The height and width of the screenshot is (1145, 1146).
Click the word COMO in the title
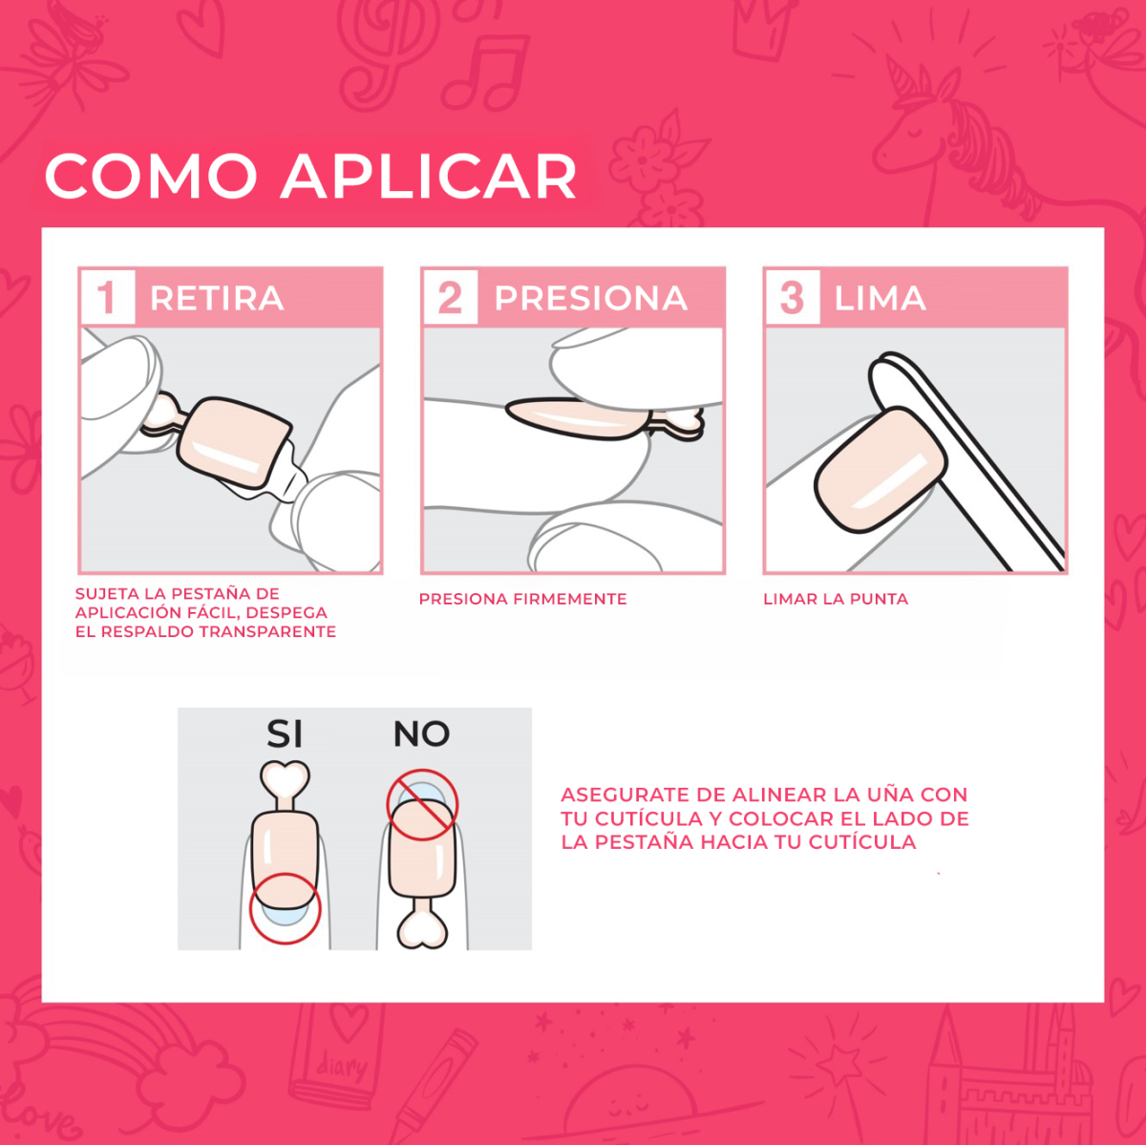pyautogui.click(x=151, y=177)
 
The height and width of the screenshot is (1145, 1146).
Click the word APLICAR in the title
pyautogui.click(x=429, y=177)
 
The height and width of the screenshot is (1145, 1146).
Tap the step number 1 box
pyautogui.click(x=106, y=297)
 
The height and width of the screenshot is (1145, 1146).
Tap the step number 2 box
pyautogui.click(x=449, y=297)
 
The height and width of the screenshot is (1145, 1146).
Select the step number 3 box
pyautogui.click(x=791, y=297)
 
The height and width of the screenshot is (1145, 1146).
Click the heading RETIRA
pyautogui.click(x=217, y=299)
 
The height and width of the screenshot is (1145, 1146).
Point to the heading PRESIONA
pyautogui.click(x=590, y=299)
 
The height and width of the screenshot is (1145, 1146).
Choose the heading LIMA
pyautogui.click(x=880, y=299)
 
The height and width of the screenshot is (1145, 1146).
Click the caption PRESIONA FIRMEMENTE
pyautogui.click(x=522, y=600)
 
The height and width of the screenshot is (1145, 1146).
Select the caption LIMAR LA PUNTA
pyautogui.click(x=835, y=600)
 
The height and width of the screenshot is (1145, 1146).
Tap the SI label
pyautogui.click(x=285, y=734)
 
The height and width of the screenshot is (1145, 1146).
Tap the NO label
pyautogui.click(x=421, y=734)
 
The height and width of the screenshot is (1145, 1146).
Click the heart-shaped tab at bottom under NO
pyautogui.click(x=422, y=928)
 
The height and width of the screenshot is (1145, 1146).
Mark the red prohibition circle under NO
pyautogui.click(x=422, y=805)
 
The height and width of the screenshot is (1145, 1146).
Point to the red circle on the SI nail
pyautogui.click(x=285, y=908)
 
